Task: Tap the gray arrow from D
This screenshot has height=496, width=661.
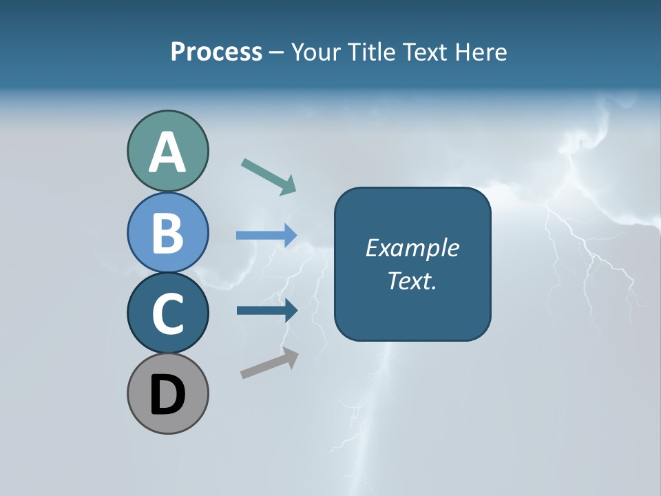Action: click(269, 363)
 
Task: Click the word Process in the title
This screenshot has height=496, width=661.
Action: click(216, 52)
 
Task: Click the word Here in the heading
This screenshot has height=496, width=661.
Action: click(481, 52)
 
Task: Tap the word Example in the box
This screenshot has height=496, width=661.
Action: click(412, 248)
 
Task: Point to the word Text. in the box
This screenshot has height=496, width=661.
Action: click(412, 281)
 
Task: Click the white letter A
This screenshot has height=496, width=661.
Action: click(167, 153)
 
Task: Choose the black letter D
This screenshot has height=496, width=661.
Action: click(167, 395)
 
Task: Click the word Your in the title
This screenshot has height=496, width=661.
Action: click(315, 52)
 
